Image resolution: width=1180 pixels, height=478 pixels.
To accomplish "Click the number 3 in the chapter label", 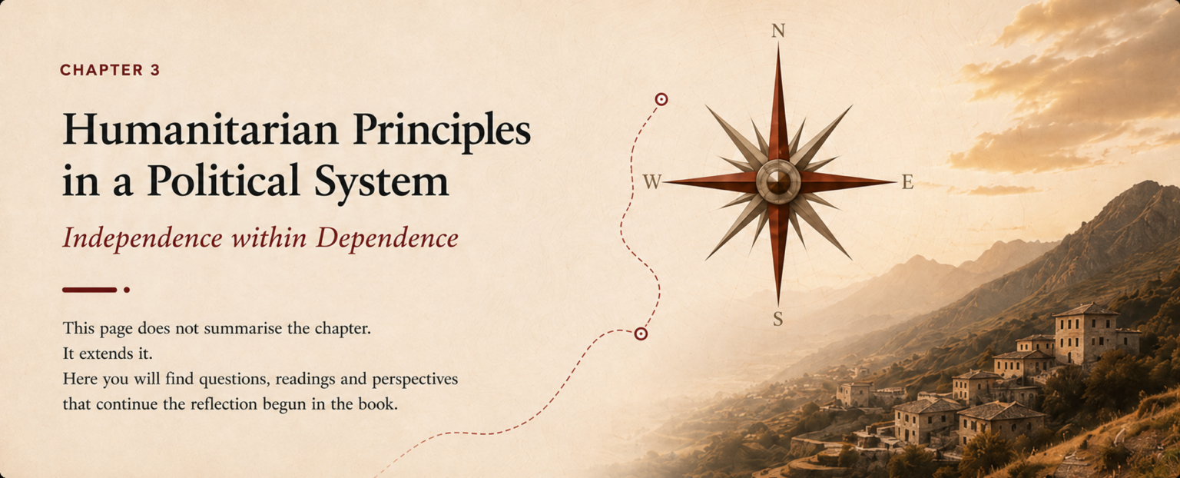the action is coord(155,70).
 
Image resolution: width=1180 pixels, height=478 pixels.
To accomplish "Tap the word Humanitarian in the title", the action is coord(201,129).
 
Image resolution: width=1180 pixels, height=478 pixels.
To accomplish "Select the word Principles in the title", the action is coord(442,132).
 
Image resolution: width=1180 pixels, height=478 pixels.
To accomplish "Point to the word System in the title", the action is coord(381,184).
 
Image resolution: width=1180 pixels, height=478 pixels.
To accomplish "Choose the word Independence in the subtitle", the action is coord(142,238).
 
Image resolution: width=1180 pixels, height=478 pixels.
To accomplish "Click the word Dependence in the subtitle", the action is coord(387,238).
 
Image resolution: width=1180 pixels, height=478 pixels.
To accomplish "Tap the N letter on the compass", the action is coord(778,31).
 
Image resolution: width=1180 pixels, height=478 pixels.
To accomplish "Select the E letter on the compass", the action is coord(907,182).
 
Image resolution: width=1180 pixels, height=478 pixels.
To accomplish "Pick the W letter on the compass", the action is coord(652,182).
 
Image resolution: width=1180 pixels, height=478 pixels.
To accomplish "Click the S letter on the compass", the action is coord(778,319).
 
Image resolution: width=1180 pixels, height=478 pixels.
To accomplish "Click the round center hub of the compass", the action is coord(778,182).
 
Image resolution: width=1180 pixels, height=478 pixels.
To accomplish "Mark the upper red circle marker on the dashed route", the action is coord(661,99).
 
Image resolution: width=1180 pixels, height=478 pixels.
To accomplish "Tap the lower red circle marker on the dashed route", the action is coord(641,334).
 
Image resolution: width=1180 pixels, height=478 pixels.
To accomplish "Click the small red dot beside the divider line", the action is coord(127,290).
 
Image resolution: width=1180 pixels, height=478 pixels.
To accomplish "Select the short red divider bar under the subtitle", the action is coord(90,290).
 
